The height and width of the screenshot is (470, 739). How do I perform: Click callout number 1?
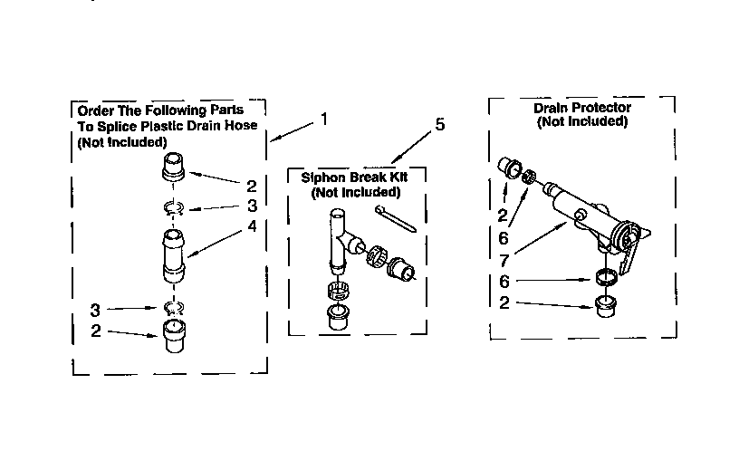324,119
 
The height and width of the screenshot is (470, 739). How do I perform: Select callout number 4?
252,226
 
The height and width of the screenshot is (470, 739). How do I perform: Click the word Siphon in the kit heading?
320,177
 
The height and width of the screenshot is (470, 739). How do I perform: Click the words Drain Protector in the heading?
581,108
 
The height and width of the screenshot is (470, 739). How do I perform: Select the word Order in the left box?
95,110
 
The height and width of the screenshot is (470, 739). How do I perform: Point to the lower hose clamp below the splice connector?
175,306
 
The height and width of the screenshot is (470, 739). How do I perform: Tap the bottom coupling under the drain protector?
607,308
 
